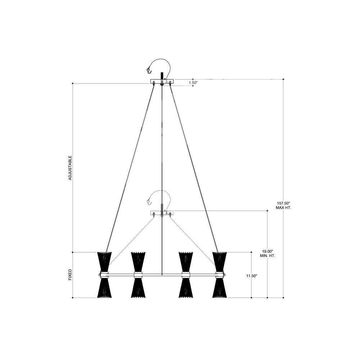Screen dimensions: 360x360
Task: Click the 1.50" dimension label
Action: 193,82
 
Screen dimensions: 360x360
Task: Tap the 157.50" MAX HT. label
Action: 284,206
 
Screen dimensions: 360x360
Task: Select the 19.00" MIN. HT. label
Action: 268,253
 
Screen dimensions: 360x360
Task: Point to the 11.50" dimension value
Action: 252,276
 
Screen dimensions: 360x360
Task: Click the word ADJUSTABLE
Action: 70,168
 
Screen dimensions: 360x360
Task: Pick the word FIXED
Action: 70,275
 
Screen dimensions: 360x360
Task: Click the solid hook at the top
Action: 149,71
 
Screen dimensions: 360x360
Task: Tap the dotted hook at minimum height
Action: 149,202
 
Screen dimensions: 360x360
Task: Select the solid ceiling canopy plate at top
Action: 162,81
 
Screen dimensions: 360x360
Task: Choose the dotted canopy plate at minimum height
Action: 162,213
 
